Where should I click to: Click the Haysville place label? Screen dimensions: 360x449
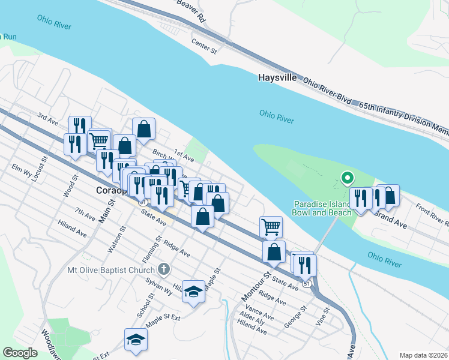tap(279, 77)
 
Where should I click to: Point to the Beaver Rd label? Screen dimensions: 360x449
tap(191, 11)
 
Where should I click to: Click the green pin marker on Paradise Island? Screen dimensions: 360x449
tap(346, 178)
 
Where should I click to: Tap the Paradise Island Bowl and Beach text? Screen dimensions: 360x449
tap(322, 208)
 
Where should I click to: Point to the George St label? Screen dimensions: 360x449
tap(296, 316)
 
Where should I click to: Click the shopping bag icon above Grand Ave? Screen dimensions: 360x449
tap(388, 196)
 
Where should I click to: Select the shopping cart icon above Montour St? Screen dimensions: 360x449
tap(271, 227)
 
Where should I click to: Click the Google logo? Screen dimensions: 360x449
tap(20, 353)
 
